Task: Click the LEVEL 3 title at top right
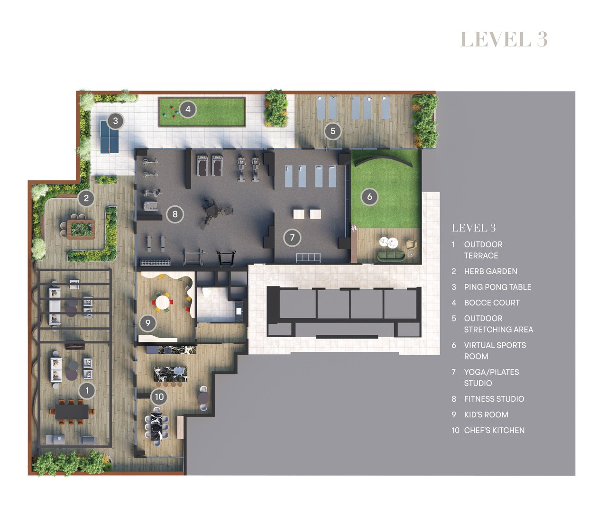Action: point(504,39)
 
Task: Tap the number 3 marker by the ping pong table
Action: point(115,120)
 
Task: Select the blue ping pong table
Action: point(110,137)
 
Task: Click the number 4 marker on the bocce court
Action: point(188,109)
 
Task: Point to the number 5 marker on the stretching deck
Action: point(333,131)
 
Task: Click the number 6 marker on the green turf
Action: point(369,196)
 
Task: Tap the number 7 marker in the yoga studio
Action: point(292,238)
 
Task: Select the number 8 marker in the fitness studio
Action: point(175,214)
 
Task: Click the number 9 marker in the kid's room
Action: point(148,323)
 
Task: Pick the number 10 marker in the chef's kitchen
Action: point(159,396)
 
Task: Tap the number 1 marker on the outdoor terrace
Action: point(87,390)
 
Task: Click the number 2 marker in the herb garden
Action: point(86,198)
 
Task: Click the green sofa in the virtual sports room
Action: point(391,256)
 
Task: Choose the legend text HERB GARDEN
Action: point(490,271)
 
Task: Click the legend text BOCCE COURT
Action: point(491,303)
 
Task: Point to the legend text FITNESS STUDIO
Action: point(494,399)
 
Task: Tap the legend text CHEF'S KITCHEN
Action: point(494,430)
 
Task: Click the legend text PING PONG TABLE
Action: point(497,287)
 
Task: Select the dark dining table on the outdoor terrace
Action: point(72,411)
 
